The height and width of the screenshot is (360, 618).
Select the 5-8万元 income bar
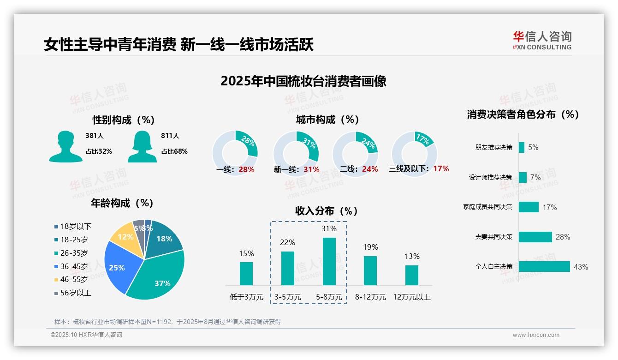click(x=329, y=261)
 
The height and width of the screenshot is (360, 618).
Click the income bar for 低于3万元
click(x=246, y=273)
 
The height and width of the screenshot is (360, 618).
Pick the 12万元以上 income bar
click(x=412, y=275)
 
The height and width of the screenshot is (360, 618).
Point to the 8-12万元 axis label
click(x=370, y=297)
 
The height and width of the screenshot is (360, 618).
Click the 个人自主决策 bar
click(x=544, y=266)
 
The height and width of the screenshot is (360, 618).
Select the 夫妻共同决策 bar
click(x=535, y=237)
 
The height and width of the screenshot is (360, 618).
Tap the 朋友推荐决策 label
click(x=493, y=147)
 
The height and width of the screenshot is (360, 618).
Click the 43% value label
click(x=581, y=267)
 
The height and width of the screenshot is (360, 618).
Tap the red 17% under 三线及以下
click(x=441, y=168)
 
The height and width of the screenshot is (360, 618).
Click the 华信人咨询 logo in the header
click(x=542, y=40)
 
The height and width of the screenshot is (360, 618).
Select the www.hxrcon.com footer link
click(x=536, y=335)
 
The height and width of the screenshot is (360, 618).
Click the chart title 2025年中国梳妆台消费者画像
click(x=303, y=81)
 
